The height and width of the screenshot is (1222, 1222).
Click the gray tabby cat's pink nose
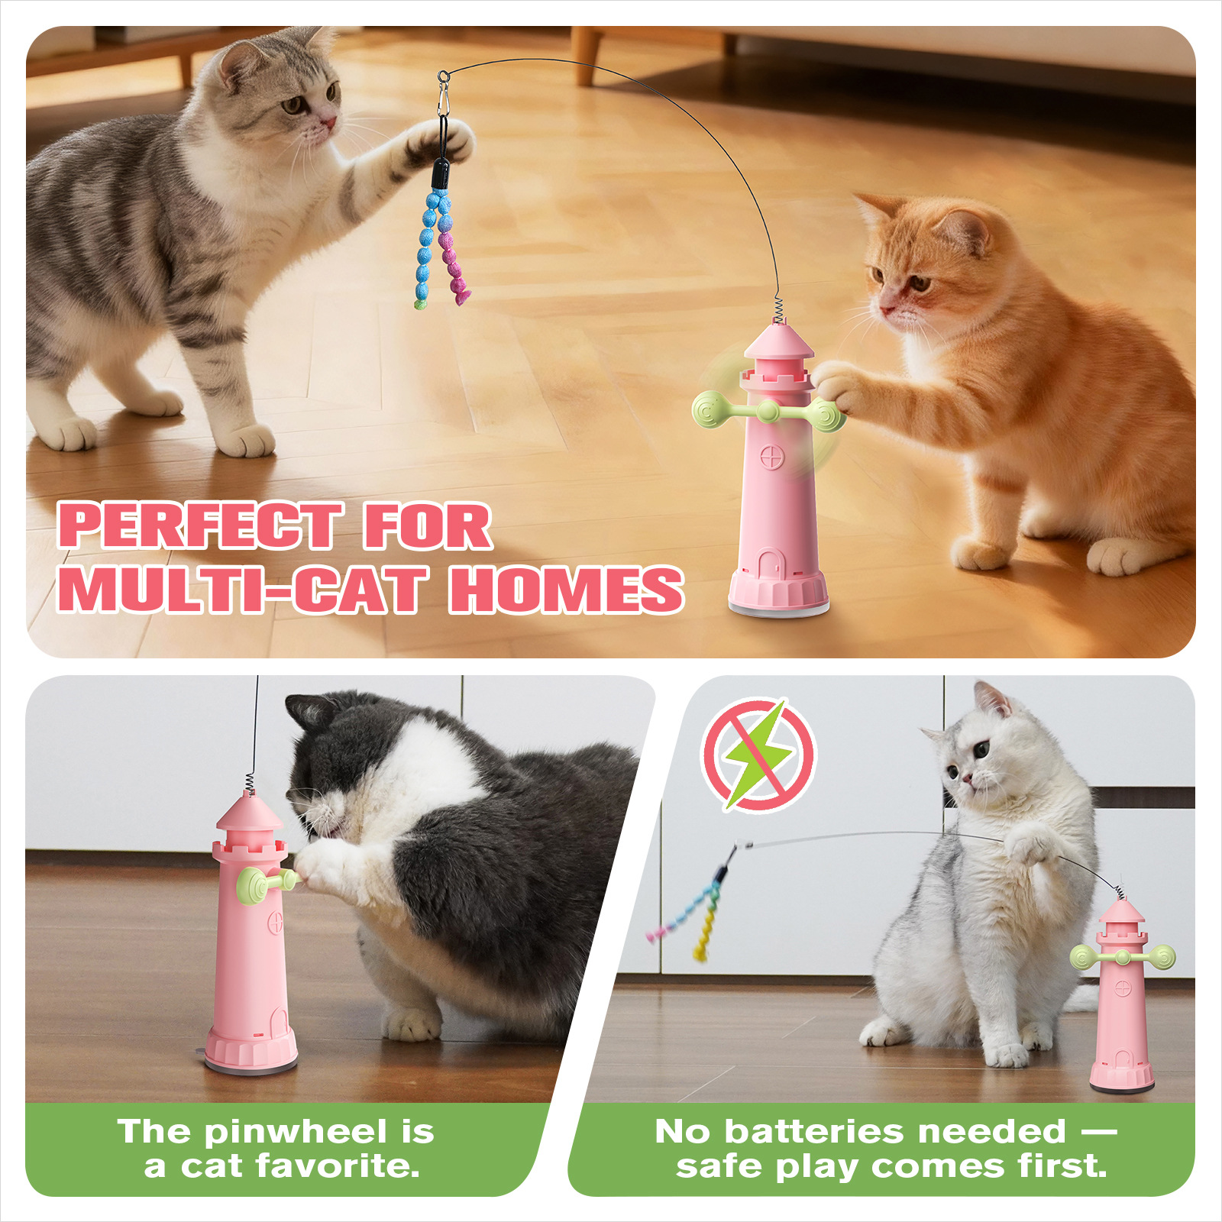click(x=328, y=121)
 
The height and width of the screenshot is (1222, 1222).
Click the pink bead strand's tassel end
click(x=461, y=294)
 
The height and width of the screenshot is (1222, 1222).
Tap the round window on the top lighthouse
click(x=771, y=458)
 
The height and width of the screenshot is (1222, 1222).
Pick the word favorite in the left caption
click(x=338, y=1166)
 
